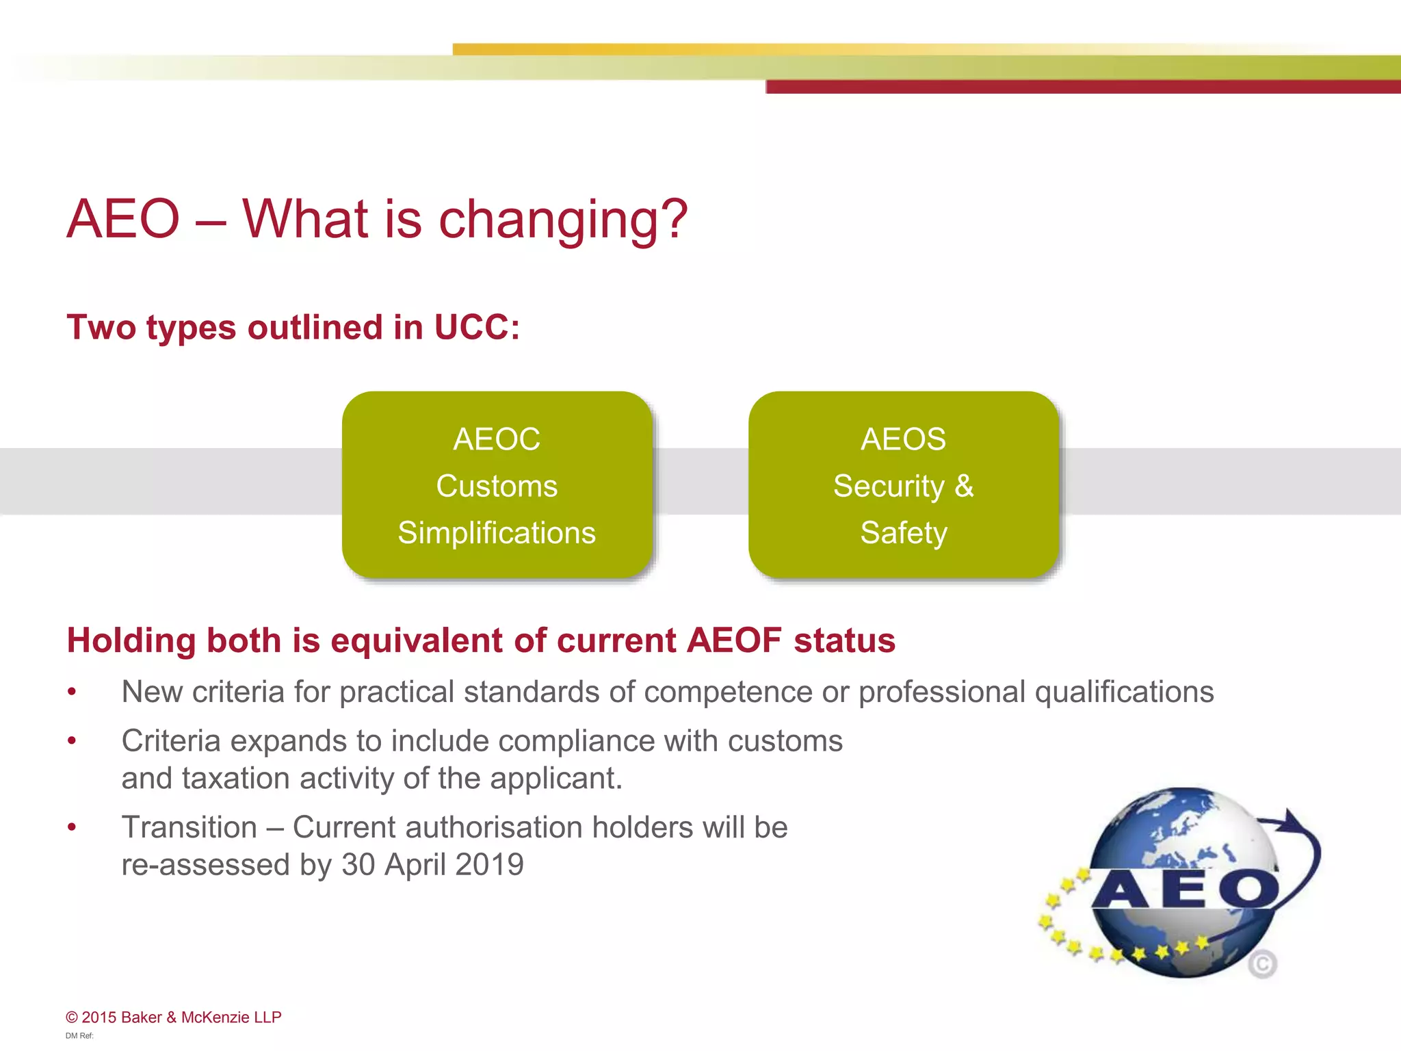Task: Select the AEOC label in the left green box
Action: coord(497,439)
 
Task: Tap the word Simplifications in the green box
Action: coord(497,533)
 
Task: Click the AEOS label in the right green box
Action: coord(903,439)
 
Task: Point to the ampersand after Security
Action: coord(964,486)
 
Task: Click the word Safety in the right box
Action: coord(903,533)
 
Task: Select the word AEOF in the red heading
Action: coord(734,641)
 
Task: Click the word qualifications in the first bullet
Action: coord(1124,692)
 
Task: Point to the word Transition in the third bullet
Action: coord(189,828)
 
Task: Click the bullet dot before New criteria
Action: coord(72,692)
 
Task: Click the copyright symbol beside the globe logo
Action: coord(1262,964)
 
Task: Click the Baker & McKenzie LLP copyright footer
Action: coord(174,1017)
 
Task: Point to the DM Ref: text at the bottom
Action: coord(79,1036)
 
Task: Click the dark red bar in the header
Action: coord(1081,87)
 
